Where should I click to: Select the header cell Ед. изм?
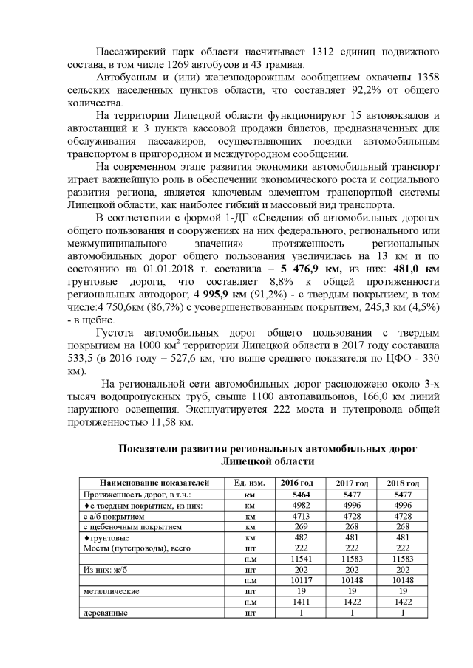coord(249,482)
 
